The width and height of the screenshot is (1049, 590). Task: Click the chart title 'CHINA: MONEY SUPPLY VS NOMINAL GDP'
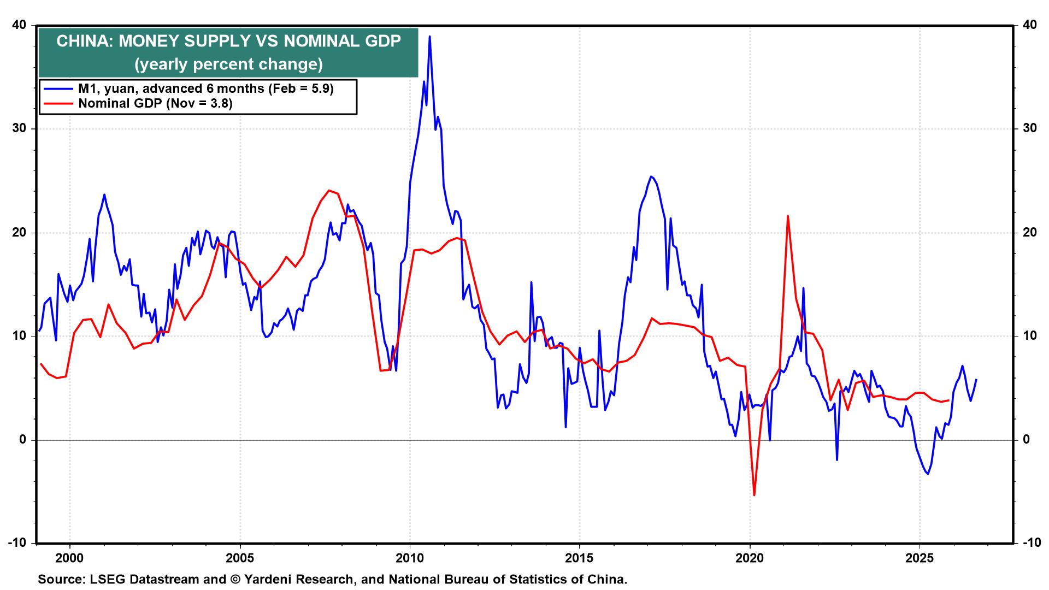(x=228, y=41)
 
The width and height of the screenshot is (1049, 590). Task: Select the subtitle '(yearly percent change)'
(x=228, y=64)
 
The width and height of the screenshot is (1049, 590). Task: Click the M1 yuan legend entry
(x=205, y=88)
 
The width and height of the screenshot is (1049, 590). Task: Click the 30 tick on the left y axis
(x=19, y=129)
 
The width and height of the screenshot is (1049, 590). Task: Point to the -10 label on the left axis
(x=17, y=543)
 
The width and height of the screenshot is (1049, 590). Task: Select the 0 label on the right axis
(x=1026, y=440)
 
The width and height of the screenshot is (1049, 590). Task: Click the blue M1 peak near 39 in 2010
(x=430, y=37)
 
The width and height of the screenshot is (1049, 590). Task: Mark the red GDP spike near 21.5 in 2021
(x=787, y=216)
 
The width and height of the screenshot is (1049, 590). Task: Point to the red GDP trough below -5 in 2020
(x=755, y=495)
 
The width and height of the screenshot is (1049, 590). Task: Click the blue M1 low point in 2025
(x=928, y=474)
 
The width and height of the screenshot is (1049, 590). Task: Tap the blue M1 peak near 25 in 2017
(x=651, y=176)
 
